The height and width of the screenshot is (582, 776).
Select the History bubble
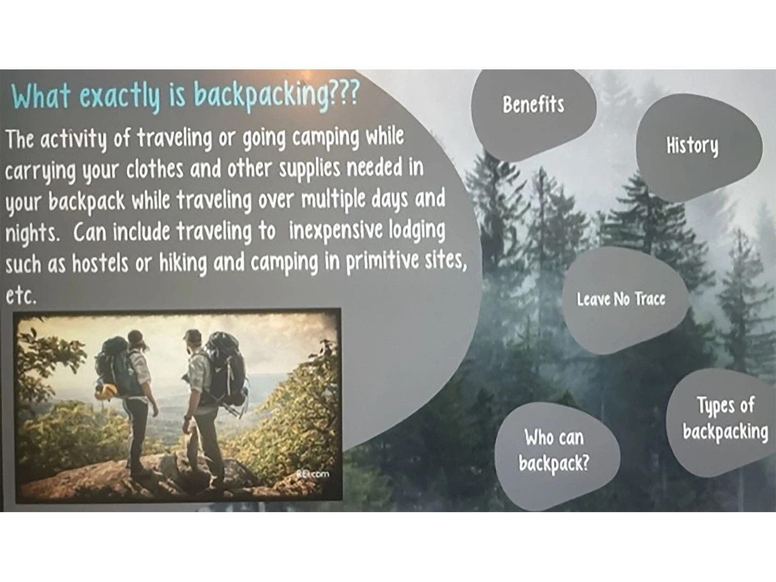pyautogui.click(x=699, y=148)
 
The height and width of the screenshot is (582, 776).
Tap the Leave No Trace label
pyautogui.click(x=621, y=299)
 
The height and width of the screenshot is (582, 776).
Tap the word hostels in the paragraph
pyautogui.click(x=100, y=264)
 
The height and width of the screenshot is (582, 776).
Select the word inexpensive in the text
pyautogui.click(x=336, y=232)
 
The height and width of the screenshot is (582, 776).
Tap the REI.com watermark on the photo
pyautogui.click(x=312, y=474)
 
